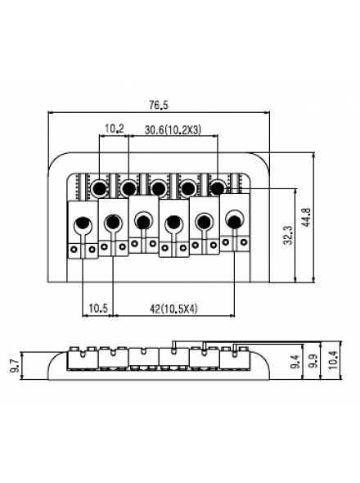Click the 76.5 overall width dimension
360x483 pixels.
pos(159,106)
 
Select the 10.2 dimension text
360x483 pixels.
pos(115,129)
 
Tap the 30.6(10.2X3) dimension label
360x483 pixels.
pos(173,130)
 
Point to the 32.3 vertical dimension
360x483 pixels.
pos(288,235)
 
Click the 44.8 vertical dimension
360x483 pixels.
pos(307,217)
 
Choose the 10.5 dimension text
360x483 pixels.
pos(98,308)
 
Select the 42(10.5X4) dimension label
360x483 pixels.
pos(173,309)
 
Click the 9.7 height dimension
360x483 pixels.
pos(15,366)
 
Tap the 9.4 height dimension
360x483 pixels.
pos(295,362)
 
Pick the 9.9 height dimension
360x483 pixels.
pos(313,361)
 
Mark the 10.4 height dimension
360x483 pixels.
pos(332,360)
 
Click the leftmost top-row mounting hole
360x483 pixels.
pos(100,187)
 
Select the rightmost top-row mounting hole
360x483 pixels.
pos(218,187)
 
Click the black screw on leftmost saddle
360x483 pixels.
pos(82,223)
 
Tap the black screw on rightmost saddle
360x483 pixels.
pos(236,221)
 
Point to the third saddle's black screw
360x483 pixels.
pos(143,222)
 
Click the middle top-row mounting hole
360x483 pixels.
pos(158,187)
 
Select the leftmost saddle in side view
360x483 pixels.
pos(83,358)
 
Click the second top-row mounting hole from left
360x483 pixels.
pos(128,187)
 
